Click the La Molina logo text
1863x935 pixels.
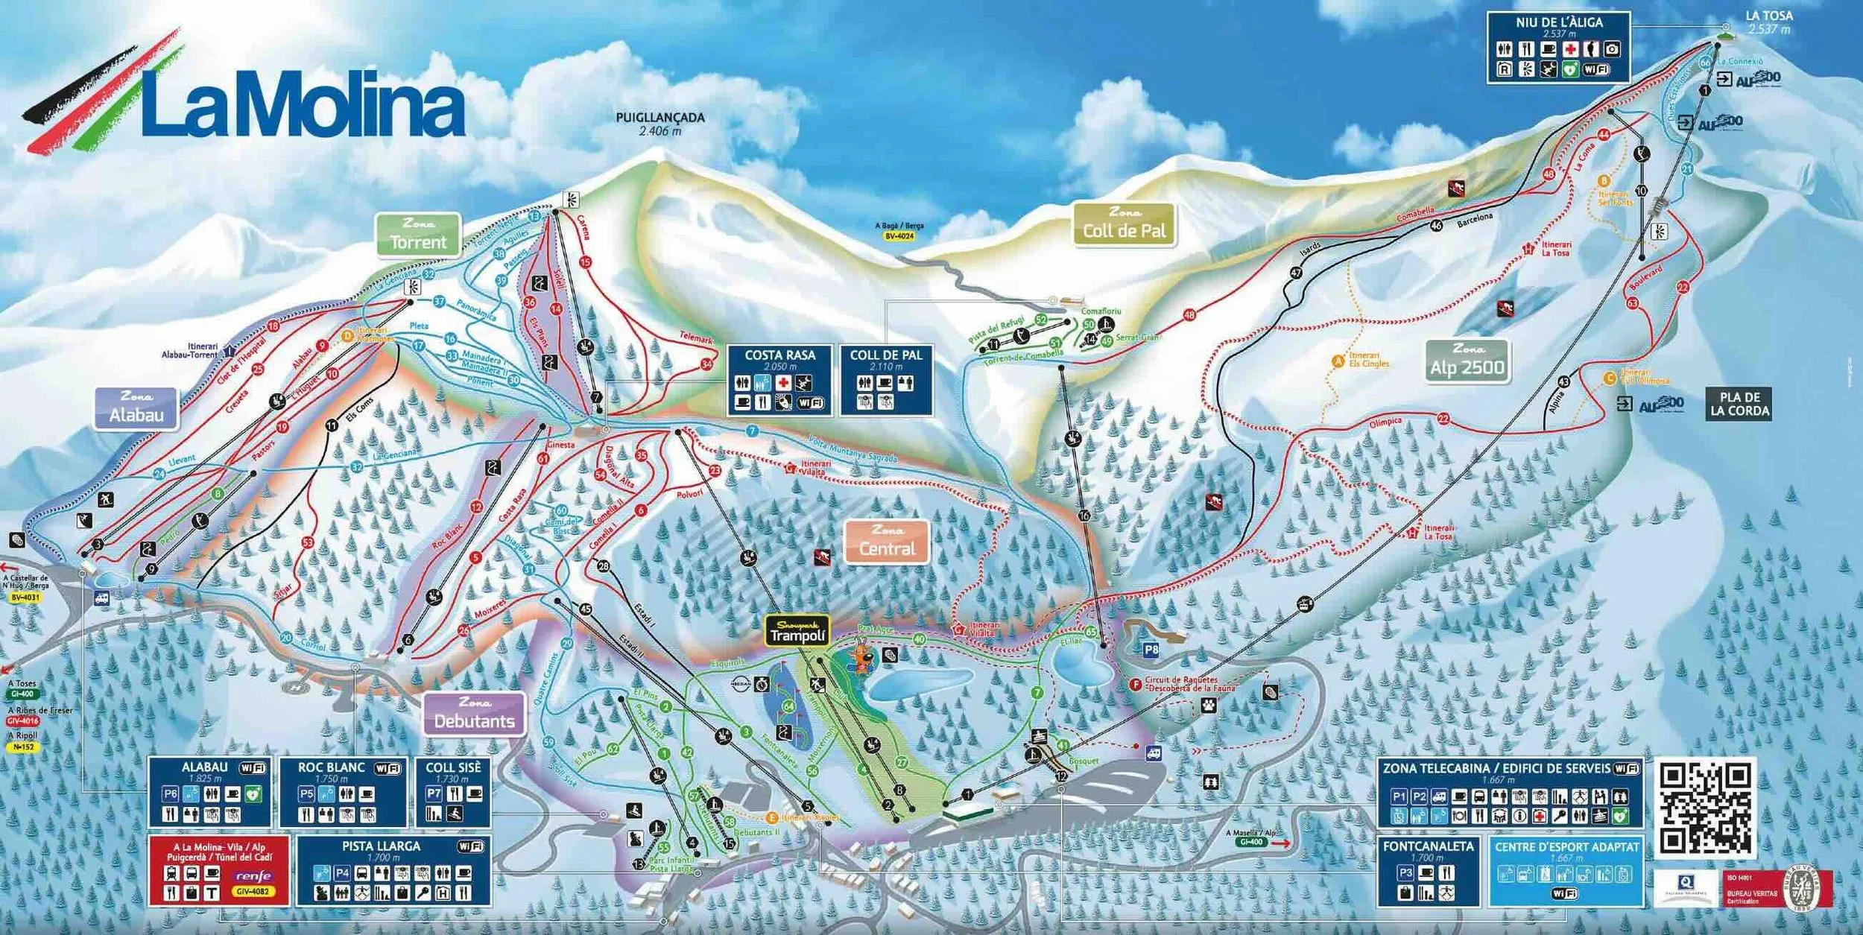(302, 104)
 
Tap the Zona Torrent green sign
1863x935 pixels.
(418, 235)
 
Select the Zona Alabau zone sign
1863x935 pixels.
(136, 408)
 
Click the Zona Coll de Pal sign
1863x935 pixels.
(1124, 224)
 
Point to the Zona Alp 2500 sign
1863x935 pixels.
(1467, 361)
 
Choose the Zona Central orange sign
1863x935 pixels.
(887, 542)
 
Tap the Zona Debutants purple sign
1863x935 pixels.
(474, 714)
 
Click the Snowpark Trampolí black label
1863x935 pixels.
(797, 632)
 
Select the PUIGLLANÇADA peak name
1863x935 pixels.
(660, 118)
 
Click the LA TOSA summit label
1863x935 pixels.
(1768, 16)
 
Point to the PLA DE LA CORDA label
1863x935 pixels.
(1739, 404)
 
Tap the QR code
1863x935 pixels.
(1705, 808)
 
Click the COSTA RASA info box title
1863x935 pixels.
(780, 355)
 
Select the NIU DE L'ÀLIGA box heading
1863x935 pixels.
(1559, 23)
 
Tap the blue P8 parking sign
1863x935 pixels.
(1151, 650)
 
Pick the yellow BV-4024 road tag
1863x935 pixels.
(899, 236)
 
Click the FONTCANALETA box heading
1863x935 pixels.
(1428, 846)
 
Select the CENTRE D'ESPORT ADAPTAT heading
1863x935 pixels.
(1566, 846)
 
